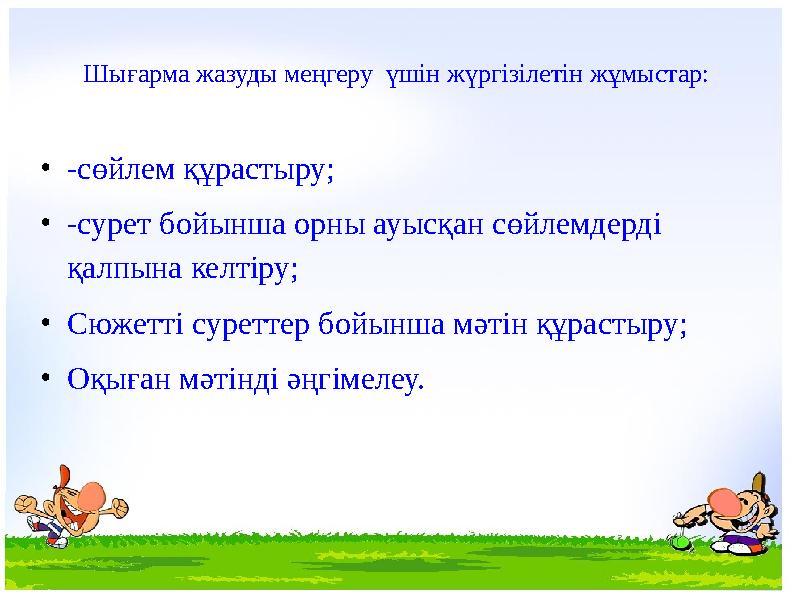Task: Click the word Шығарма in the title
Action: pyautogui.click(x=136, y=75)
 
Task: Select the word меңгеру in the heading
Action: pyautogui.click(x=328, y=75)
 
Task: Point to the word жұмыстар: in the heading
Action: pyautogui.click(x=649, y=75)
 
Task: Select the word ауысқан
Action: pyautogui.click(x=428, y=225)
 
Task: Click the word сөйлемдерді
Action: pyautogui.click(x=577, y=224)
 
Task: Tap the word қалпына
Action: pyautogui.click(x=125, y=269)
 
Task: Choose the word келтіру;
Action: pyautogui.click(x=245, y=269)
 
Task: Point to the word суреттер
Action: pyautogui.click(x=251, y=325)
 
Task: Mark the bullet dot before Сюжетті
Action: pyautogui.click(x=46, y=323)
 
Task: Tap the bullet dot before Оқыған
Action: pyautogui.click(x=46, y=377)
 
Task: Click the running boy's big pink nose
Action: pyautogui.click(x=92, y=494)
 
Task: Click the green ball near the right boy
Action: pyautogui.click(x=681, y=542)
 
